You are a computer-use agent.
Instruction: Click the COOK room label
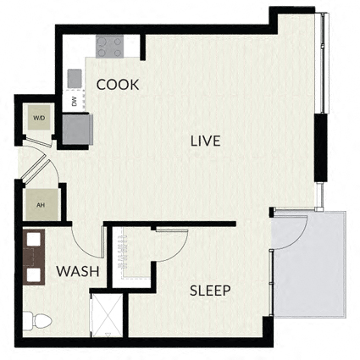[118, 85]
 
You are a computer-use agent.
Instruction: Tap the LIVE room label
[205, 141]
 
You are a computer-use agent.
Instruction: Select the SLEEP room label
[210, 291]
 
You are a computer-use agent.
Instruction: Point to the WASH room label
[78, 271]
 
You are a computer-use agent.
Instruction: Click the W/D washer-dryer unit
[39, 118]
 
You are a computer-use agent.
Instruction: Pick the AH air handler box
[42, 205]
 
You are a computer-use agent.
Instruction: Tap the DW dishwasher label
[75, 101]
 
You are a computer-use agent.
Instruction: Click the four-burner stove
[109, 47]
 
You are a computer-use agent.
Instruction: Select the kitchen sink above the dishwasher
[75, 79]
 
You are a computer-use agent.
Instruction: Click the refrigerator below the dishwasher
[77, 129]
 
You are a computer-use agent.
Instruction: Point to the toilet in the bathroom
[37, 321]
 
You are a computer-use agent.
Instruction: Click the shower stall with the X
[107, 315]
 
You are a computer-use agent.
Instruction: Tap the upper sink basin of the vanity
[34, 240]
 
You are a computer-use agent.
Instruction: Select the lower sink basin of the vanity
[34, 275]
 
